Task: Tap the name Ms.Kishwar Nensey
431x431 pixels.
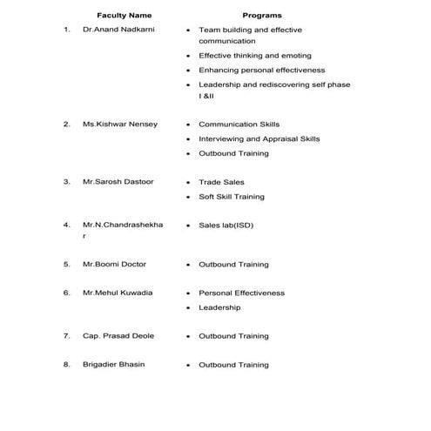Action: point(120,125)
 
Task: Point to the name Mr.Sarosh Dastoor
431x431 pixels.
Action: point(118,182)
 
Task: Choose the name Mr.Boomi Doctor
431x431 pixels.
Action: point(115,264)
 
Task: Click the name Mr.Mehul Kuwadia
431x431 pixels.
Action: point(118,293)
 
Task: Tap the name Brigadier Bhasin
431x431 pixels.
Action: point(114,365)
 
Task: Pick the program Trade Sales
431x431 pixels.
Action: point(221,182)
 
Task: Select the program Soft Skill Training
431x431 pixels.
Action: point(232,197)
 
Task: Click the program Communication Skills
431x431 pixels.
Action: point(239,125)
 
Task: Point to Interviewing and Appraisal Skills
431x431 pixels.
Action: point(259,138)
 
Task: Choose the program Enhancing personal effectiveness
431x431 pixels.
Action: point(261,70)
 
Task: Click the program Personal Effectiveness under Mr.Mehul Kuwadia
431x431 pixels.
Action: point(241,293)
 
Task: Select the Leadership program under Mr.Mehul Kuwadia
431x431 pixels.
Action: point(219,307)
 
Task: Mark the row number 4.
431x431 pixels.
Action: point(66,226)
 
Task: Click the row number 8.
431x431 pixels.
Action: point(66,365)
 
